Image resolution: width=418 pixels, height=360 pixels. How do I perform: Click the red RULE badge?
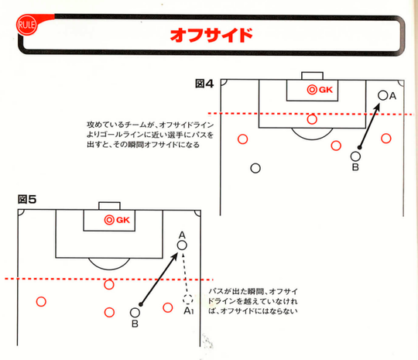pyautogui.click(x=26, y=25)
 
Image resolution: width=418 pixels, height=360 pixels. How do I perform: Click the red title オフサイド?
pyautogui.click(x=211, y=35)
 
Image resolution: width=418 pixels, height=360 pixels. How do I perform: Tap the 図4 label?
pyautogui.click(x=204, y=84)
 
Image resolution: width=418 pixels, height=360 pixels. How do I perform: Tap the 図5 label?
pyautogui.click(x=27, y=199)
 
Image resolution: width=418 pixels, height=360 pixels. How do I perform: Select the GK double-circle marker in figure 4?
pyautogui.click(x=312, y=90)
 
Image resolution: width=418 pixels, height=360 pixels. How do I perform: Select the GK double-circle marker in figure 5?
pyautogui.click(x=109, y=220)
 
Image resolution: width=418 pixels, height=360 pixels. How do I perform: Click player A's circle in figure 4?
pyautogui.click(x=383, y=95)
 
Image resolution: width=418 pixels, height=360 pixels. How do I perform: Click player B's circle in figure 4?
pyautogui.click(x=355, y=156)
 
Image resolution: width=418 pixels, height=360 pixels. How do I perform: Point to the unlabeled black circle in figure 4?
pyautogui.click(x=255, y=168)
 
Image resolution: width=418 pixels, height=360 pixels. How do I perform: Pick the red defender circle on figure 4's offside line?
pyautogui.click(x=312, y=119)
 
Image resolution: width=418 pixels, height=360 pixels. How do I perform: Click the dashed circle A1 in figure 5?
pyautogui.click(x=188, y=299)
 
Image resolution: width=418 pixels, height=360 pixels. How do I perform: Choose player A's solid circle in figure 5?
pyautogui.click(x=182, y=245)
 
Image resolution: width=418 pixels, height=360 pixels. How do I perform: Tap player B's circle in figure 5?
pyautogui.click(x=135, y=313)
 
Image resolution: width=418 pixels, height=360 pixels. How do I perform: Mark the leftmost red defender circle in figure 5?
pyautogui.click(x=41, y=302)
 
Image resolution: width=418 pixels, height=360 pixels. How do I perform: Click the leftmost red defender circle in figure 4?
pyautogui.click(x=242, y=139)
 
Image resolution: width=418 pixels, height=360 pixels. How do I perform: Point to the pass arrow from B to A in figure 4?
pyautogui.click(x=369, y=126)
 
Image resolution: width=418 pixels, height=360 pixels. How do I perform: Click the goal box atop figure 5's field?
pyautogui.click(x=109, y=206)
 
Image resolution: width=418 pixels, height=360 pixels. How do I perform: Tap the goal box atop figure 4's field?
pyautogui.click(x=312, y=76)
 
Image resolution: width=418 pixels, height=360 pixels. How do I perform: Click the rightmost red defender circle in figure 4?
pyautogui.click(x=386, y=139)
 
